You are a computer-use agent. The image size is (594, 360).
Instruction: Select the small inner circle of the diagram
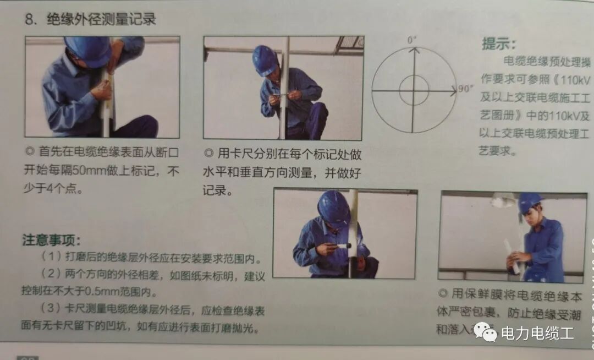pos(414,90)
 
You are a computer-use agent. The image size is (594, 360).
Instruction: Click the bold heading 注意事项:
pos(51,241)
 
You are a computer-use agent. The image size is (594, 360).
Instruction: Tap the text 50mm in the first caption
pos(95,171)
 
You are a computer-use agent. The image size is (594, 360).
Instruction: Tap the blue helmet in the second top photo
pos(265,59)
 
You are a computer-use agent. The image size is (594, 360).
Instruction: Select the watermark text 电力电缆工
pos(537,333)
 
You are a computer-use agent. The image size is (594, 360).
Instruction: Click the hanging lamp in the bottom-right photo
pos(503,200)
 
